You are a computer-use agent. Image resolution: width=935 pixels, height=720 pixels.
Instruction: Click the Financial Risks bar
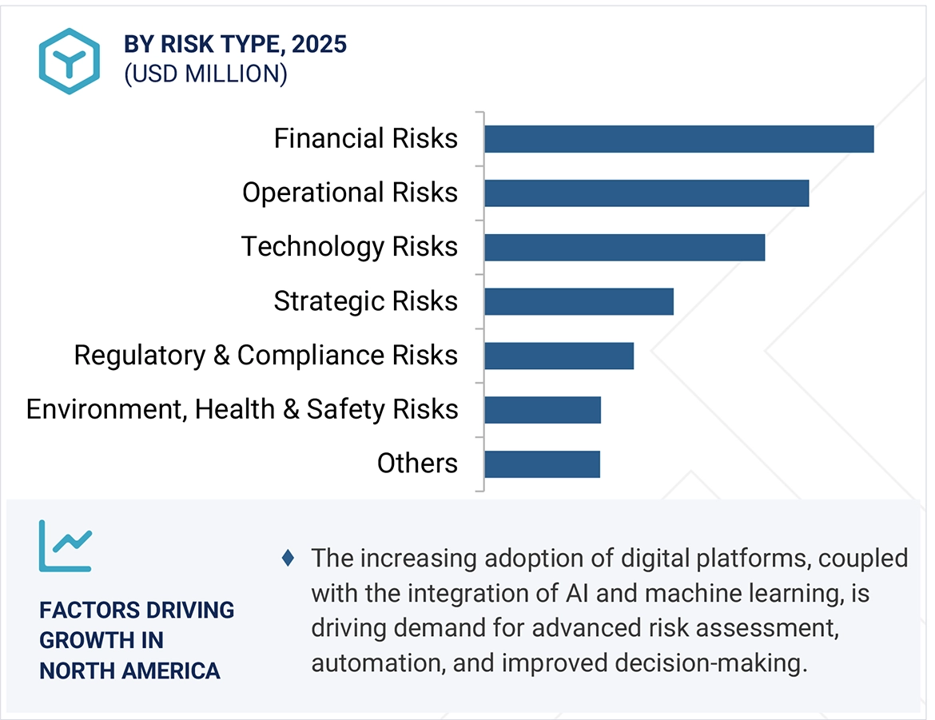coord(678,139)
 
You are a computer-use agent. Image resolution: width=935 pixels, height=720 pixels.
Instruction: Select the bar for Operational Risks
coord(647,193)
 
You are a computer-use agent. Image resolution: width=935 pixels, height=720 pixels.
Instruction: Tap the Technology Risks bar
coord(624,247)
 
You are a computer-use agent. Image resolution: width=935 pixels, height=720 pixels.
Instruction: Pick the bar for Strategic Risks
coord(579,301)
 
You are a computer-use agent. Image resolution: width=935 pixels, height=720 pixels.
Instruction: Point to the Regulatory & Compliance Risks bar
coord(559,356)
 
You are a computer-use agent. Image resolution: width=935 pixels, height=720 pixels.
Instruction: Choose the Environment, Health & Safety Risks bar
coord(542,410)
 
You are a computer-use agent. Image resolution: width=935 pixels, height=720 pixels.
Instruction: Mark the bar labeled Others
coord(542,464)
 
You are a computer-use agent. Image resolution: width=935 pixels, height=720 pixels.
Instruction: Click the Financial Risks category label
coord(365,139)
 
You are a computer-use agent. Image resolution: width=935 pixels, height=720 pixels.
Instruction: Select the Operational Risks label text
coord(350,193)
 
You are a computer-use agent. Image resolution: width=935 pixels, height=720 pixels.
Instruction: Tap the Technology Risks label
coord(349,247)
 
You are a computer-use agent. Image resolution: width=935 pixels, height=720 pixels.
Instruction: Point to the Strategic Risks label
coord(365,301)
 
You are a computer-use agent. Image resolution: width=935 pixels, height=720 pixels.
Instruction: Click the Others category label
coord(417,463)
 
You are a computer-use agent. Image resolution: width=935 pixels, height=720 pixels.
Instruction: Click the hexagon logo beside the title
coord(70,62)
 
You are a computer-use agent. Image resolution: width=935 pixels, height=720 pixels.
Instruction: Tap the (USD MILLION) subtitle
coord(205,74)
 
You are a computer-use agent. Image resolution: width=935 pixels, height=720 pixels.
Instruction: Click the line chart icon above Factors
coord(66,546)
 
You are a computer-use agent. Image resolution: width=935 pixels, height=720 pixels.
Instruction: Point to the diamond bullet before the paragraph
coord(288,558)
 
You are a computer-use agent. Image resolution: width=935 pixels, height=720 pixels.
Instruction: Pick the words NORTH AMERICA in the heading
coord(129,670)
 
